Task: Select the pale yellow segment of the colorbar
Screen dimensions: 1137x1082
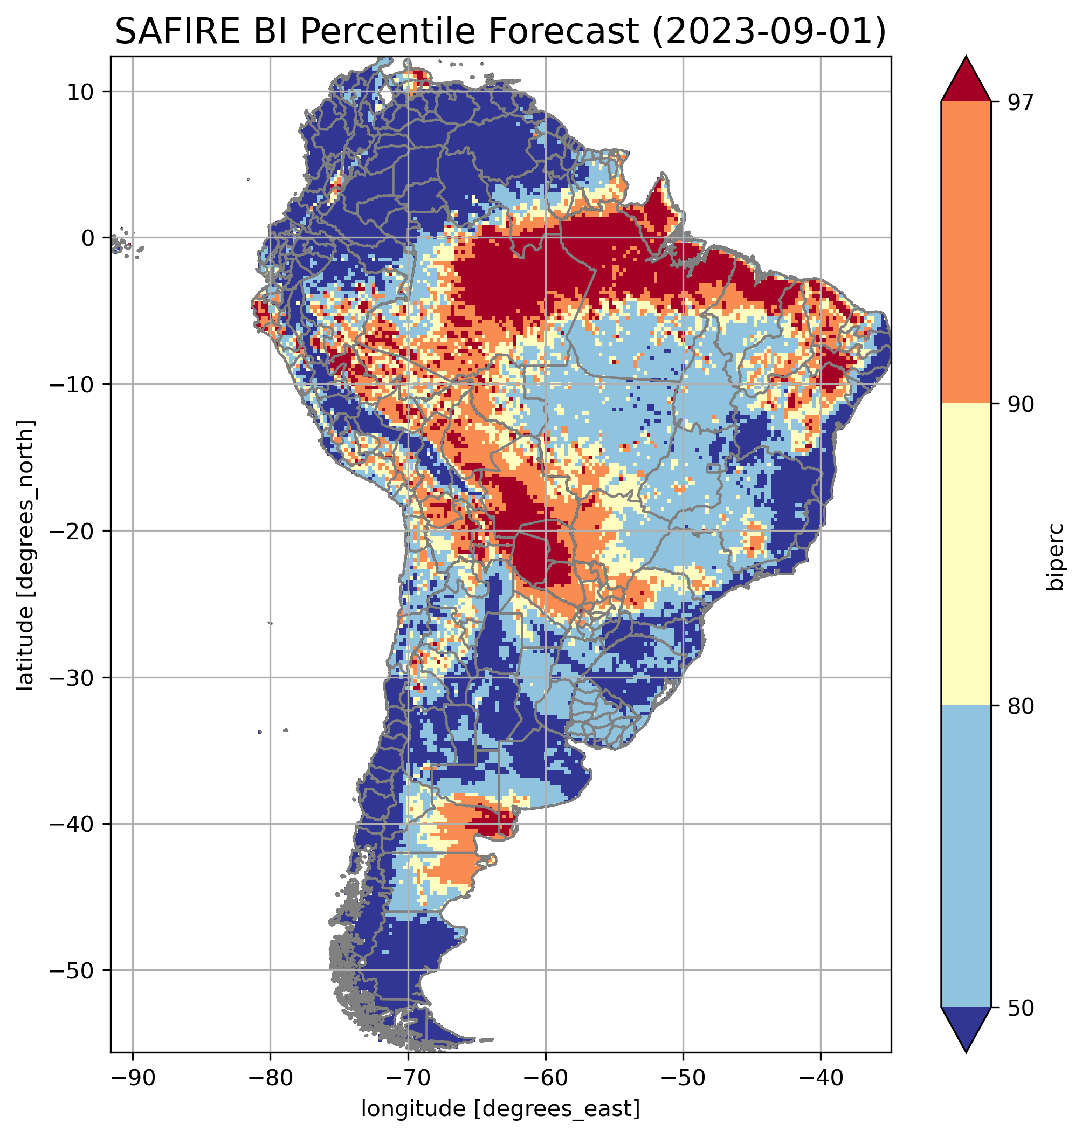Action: coord(966,554)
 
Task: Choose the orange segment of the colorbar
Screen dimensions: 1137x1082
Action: coord(966,252)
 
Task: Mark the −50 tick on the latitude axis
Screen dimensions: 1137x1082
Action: coord(73,970)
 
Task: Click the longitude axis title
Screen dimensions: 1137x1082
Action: coord(501,1107)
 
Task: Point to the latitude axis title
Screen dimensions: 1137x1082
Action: coord(25,555)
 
